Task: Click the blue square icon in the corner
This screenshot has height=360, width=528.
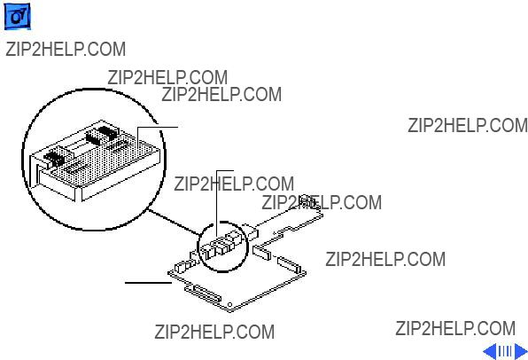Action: [17, 17]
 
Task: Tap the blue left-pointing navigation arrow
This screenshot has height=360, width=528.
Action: [490, 351]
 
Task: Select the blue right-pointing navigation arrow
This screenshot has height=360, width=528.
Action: [521, 351]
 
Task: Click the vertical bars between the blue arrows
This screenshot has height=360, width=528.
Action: [505, 351]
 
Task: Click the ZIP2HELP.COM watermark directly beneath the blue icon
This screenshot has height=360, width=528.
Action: [66, 50]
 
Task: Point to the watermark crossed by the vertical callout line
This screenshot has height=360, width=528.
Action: [234, 184]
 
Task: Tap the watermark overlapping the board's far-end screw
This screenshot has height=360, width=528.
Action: [322, 202]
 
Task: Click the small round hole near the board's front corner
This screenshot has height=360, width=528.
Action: [229, 305]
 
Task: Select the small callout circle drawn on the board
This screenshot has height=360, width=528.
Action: [222, 247]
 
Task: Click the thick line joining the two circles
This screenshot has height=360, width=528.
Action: [174, 222]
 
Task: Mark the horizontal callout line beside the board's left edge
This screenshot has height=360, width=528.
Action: [148, 283]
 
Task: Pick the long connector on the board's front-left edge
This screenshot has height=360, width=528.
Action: [203, 294]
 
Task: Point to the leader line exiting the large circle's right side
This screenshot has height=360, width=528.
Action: [158, 127]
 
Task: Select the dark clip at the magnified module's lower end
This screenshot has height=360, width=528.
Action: [54, 157]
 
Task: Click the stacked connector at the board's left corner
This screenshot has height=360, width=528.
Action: [182, 267]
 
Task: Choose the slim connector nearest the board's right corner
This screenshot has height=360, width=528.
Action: [289, 264]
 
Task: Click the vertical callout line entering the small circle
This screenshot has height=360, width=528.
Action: [216, 204]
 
